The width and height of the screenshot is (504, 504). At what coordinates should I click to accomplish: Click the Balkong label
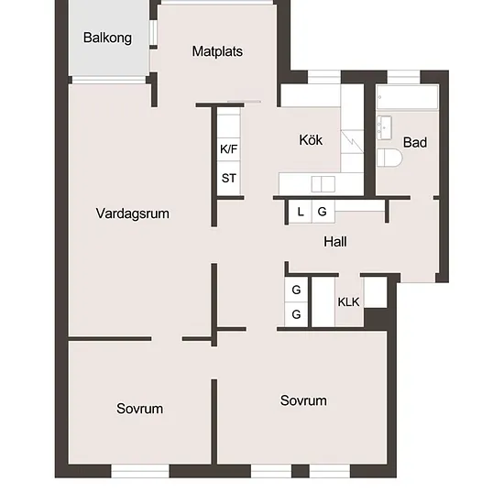[x=107, y=38]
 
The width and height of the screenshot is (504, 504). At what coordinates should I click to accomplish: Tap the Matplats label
[x=217, y=51]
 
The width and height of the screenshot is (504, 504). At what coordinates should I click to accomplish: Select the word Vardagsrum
[x=133, y=214]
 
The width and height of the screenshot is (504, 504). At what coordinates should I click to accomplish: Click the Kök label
[x=311, y=140]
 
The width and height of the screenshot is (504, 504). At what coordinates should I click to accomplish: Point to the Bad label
[x=415, y=142]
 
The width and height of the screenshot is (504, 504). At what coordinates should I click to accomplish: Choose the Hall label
[x=335, y=242]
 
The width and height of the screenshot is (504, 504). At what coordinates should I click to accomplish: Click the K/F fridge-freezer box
[x=228, y=149]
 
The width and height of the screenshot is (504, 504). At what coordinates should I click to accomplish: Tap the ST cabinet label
[x=229, y=178]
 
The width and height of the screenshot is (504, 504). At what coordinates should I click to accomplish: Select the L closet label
[x=301, y=212]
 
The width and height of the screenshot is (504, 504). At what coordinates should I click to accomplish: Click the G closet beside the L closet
[x=323, y=211]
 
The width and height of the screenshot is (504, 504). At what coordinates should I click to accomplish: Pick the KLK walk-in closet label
[x=348, y=301]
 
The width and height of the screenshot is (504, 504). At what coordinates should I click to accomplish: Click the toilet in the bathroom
[x=389, y=158]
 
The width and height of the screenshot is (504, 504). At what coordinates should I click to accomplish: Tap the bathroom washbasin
[x=384, y=127]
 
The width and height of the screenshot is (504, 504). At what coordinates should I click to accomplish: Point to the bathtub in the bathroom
[x=407, y=97]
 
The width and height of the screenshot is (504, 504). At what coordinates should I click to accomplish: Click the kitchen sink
[x=323, y=184]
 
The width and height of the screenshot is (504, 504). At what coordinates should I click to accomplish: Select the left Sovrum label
[x=139, y=409]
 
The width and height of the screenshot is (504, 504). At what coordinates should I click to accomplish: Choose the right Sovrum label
[x=303, y=400]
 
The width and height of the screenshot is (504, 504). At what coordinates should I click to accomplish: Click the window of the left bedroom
[x=140, y=471]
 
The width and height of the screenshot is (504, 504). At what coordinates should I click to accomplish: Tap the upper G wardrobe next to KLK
[x=296, y=290]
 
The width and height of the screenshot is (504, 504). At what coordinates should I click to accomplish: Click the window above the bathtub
[x=404, y=77]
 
